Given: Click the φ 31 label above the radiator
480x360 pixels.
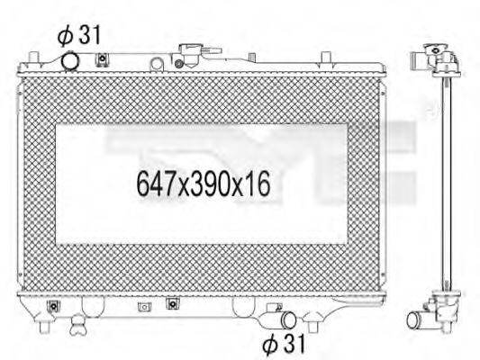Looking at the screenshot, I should [79, 36].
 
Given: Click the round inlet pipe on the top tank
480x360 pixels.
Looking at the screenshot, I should [71, 60].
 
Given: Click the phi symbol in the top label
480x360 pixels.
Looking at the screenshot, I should [64, 36].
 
